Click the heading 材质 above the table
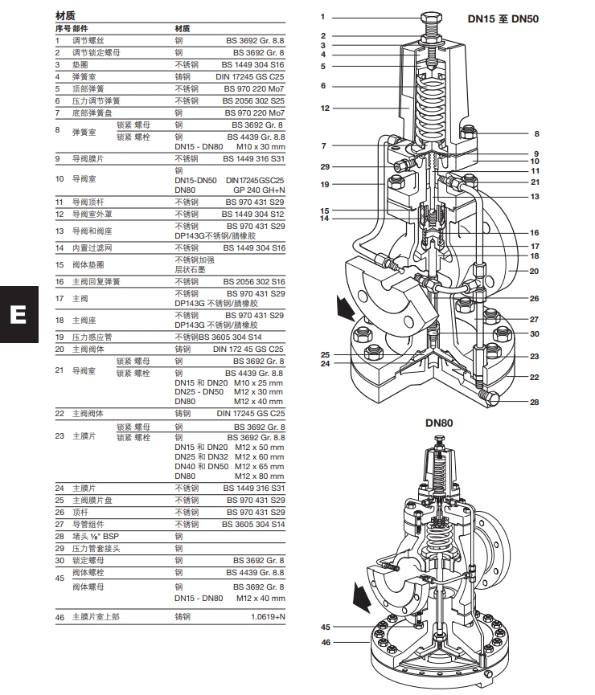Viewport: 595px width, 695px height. (65, 16)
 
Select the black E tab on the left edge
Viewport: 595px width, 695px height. (17, 313)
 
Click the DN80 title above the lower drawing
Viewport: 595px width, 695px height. (440, 423)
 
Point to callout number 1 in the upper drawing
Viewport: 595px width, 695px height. (322, 17)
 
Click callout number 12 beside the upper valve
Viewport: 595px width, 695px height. (325, 108)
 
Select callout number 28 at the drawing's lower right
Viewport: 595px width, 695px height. (534, 403)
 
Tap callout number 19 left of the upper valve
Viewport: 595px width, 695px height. (325, 185)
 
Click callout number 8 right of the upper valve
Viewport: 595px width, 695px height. (536, 134)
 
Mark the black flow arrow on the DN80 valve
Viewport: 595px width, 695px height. (363, 595)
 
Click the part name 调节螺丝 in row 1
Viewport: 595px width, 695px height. (88, 39)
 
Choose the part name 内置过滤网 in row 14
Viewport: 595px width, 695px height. (92, 248)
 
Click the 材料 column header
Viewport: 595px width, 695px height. (183, 27)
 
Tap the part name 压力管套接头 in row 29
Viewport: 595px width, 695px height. (96, 548)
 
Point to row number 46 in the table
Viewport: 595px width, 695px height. (59, 617)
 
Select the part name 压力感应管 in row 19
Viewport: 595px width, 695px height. (92, 337)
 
